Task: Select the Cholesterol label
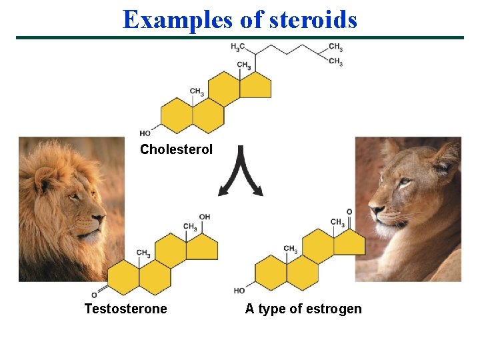point(176,149)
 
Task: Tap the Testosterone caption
point(125,309)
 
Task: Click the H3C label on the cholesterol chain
point(237,47)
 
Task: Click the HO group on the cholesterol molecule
point(145,133)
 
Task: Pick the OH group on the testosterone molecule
point(205,217)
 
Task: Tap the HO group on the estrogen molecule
point(239,291)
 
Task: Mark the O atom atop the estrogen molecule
point(349,211)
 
